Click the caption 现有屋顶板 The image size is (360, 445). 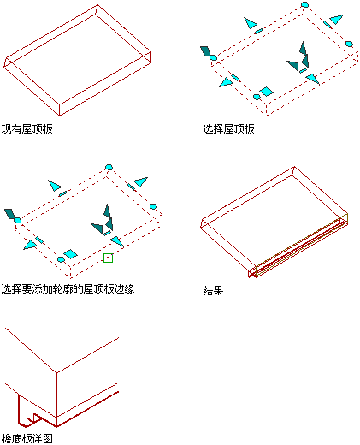pyautogui.click(x=27, y=129)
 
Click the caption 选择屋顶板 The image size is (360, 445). pyautogui.click(x=228, y=129)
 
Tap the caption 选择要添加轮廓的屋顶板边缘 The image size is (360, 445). pyautogui.click(x=68, y=289)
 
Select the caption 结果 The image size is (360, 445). pyautogui.click(x=213, y=291)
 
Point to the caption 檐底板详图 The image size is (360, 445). pyautogui.click(x=27, y=439)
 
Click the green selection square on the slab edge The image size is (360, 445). pyautogui.click(x=108, y=258)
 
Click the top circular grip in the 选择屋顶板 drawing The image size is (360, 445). pyautogui.click(x=304, y=4)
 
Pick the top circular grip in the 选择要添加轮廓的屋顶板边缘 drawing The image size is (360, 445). pyautogui.click(x=109, y=167)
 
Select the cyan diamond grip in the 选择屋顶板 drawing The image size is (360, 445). pyautogui.click(x=266, y=92)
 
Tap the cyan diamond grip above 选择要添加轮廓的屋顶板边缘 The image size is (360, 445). pyautogui.click(x=70, y=254)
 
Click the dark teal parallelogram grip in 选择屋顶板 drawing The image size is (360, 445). pyautogui.click(x=205, y=51)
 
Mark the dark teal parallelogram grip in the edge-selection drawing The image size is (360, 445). pyautogui.click(x=9, y=214)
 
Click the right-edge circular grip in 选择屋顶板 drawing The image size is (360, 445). pyautogui.click(x=349, y=44)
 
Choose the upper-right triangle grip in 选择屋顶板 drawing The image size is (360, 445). pyautogui.click(x=336, y=19)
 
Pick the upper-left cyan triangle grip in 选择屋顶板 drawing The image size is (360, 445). pyautogui.click(x=250, y=23)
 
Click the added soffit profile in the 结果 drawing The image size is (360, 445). pyautogui.click(x=298, y=246)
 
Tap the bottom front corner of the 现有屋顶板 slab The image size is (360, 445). pyautogui.click(x=60, y=116)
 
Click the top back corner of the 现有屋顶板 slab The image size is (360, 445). pyautogui.click(x=97, y=5)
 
